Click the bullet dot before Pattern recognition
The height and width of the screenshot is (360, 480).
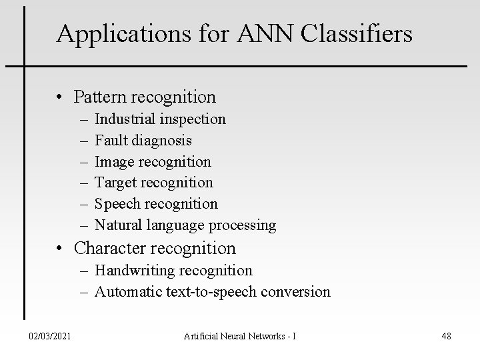tap(61, 97)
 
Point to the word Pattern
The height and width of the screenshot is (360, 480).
tap(100, 97)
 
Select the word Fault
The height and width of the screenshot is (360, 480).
tap(109, 140)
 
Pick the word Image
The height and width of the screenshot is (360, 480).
tap(111, 161)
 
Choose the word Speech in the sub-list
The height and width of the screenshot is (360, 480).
tap(115, 204)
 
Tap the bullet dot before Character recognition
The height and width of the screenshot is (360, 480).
tap(61, 249)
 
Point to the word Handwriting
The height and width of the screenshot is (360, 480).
tap(135, 270)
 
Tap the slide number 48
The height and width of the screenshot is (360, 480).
tap(446, 337)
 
